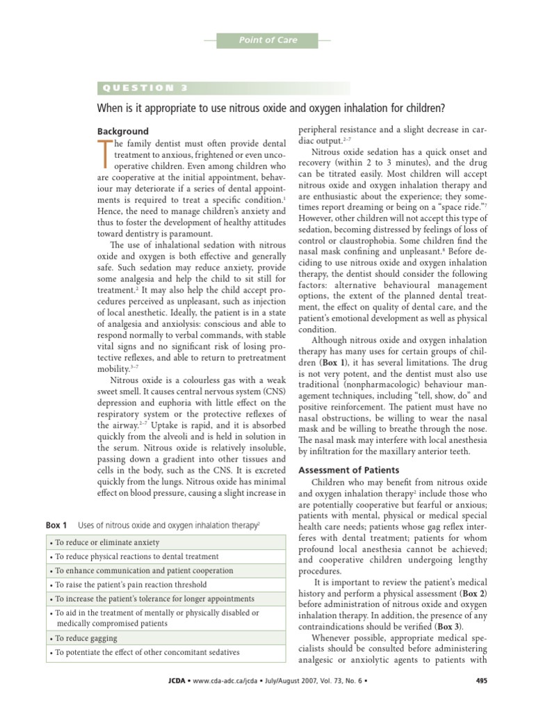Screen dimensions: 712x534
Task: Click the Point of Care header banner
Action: tap(268, 40)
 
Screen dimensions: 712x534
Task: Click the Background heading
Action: tap(122, 131)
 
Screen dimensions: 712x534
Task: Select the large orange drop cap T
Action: tap(105, 154)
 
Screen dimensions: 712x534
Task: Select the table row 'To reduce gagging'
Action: tap(86, 638)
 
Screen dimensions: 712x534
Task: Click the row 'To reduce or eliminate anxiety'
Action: tap(107, 542)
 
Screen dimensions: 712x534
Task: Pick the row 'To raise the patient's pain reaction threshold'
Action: tap(130, 585)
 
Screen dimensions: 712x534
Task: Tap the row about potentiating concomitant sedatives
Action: tap(147, 652)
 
